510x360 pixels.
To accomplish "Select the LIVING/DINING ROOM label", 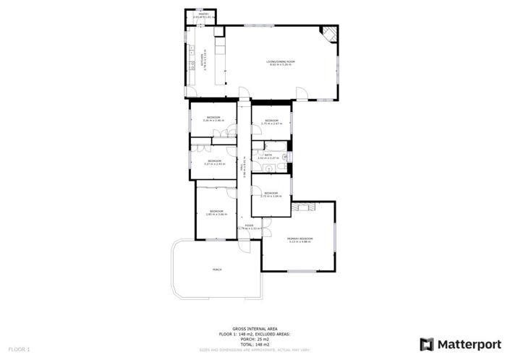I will pos(281,63).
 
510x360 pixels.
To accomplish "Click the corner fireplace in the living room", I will pos(329,33).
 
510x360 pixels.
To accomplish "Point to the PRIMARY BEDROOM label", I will pos(299,239).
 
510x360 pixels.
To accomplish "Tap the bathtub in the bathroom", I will pos(271,168).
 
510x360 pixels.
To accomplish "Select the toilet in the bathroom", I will pos(286,156).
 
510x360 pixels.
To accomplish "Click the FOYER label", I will pos(249,226).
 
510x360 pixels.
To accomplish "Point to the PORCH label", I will pos(216,270).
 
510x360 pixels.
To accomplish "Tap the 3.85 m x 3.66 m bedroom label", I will pos(216,212).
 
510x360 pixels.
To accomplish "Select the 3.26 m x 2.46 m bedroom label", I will pos(213,119).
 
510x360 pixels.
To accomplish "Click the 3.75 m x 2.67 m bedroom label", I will pos(271,121).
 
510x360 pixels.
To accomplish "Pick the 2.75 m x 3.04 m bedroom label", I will pos(271,194).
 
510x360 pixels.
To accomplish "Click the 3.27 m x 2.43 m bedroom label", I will pos(214,162).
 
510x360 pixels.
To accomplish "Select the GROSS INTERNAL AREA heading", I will pos(254,327).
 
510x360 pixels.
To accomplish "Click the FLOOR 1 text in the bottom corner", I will pos(19,350).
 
